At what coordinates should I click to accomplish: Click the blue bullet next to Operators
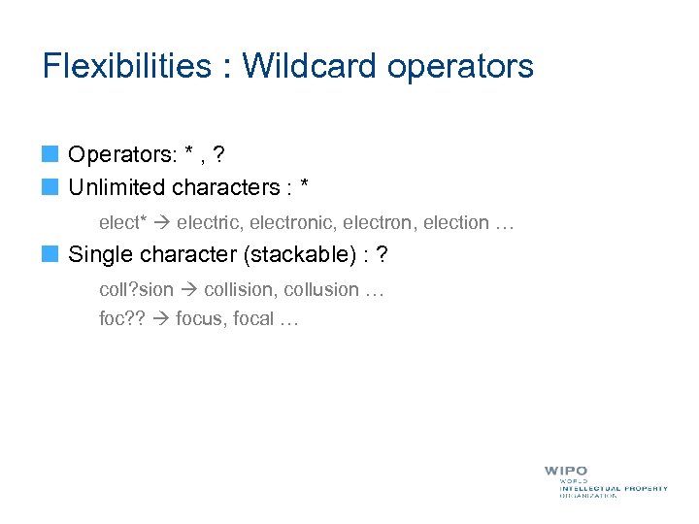(x=50, y=153)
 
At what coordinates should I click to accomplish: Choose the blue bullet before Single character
(x=50, y=254)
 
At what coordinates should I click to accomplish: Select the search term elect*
(x=123, y=222)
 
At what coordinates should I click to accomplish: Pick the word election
(x=453, y=222)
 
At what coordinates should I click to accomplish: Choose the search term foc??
(x=122, y=318)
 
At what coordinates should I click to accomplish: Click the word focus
(x=199, y=318)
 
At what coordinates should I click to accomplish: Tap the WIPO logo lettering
(x=566, y=471)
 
